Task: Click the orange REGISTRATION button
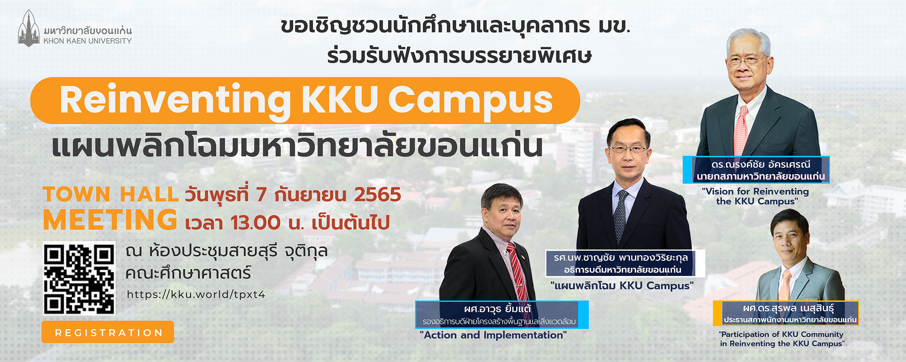pos(108,332)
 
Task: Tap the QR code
pos(79,278)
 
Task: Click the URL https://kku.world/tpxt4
pos(196,294)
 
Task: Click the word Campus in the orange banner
pos(470,101)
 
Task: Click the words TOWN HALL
pos(111,194)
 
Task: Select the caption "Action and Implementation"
pos(493,335)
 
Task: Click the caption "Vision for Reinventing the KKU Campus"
pos(756,196)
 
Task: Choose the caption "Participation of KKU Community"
pos(781,334)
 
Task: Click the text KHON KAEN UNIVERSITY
pos(88,41)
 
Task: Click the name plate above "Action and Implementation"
pos(502,314)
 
